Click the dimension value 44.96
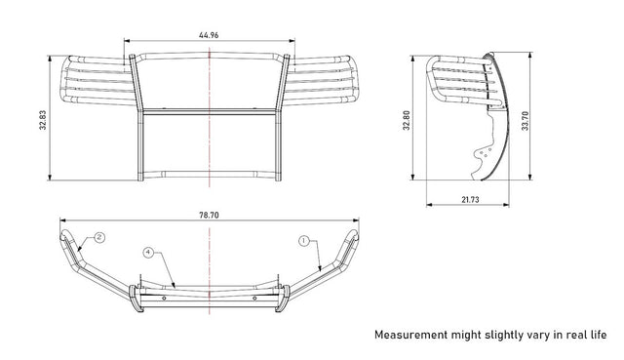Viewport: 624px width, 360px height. (x=208, y=35)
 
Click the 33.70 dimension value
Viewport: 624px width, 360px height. (x=526, y=119)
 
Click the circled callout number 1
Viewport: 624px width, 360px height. (x=303, y=238)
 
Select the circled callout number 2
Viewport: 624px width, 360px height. (x=98, y=237)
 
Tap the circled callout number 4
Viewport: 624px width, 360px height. (x=148, y=253)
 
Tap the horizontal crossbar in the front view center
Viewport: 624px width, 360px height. (x=208, y=113)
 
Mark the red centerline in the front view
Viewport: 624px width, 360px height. (x=208, y=146)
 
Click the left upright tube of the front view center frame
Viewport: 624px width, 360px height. (x=138, y=117)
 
